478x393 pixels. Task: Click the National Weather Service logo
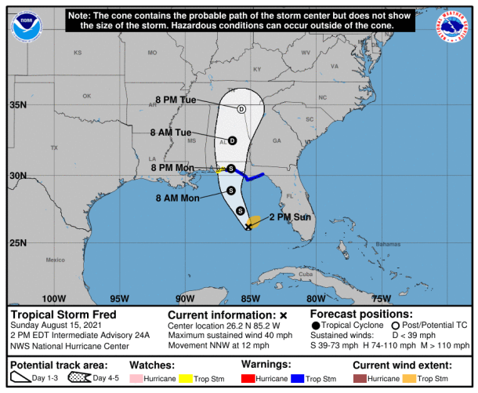click(x=454, y=27)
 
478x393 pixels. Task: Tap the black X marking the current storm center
click(x=248, y=227)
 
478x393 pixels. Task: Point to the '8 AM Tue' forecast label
click(x=171, y=133)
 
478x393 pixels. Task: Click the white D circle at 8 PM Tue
click(x=241, y=109)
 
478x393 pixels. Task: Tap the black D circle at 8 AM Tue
click(x=232, y=141)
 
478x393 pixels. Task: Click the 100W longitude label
click(x=53, y=298)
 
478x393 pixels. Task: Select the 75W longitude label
click(x=381, y=298)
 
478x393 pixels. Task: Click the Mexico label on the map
click(x=55, y=260)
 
